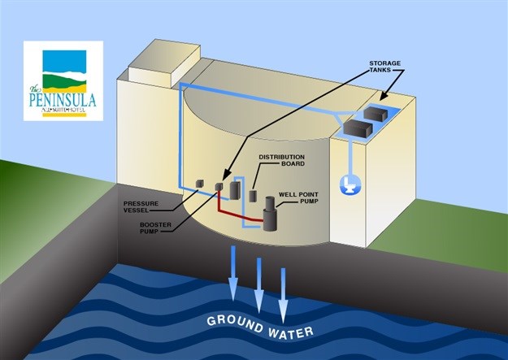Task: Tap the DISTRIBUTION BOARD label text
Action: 281,160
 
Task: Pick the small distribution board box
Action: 254,196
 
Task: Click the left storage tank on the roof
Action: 357,126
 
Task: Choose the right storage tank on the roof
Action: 380,113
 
